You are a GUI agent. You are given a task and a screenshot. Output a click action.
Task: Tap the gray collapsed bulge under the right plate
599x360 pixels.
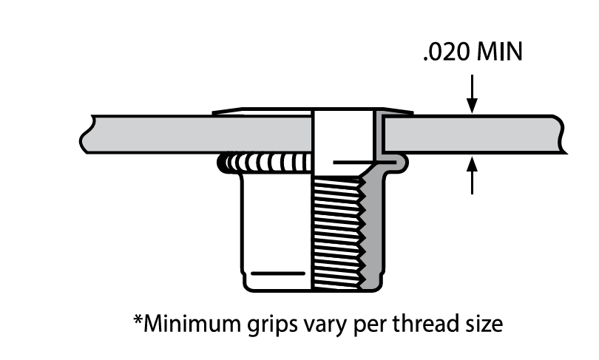click(x=396, y=161)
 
